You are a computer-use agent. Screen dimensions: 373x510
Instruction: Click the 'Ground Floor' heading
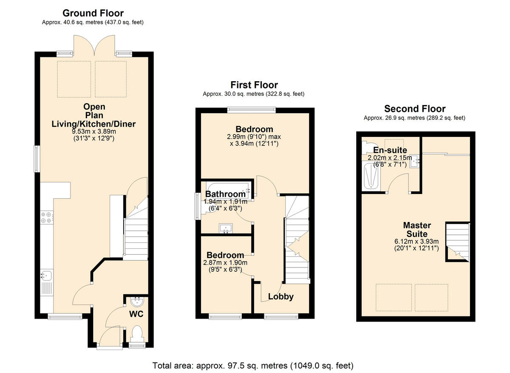point(93,13)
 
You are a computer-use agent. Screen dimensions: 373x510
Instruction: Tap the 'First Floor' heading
point(254,85)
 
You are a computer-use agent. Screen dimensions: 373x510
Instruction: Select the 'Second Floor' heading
point(414,109)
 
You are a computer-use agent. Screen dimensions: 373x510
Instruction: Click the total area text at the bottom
point(253,365)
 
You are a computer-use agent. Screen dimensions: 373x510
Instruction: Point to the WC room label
point(136,314)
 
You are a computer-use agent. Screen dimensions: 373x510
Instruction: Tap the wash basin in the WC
point(137,302)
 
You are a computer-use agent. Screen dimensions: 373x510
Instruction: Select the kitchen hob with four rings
point(46,218)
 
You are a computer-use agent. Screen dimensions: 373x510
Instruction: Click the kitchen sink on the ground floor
point(46,276)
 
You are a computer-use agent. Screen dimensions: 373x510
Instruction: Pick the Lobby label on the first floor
point(280,296)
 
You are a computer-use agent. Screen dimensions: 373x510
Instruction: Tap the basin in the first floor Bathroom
point(225,228)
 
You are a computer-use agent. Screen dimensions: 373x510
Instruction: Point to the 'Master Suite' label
point(417,230)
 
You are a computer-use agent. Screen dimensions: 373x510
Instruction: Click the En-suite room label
point(390,150)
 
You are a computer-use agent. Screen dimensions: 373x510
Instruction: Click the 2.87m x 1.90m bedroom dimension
point(225,263)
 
